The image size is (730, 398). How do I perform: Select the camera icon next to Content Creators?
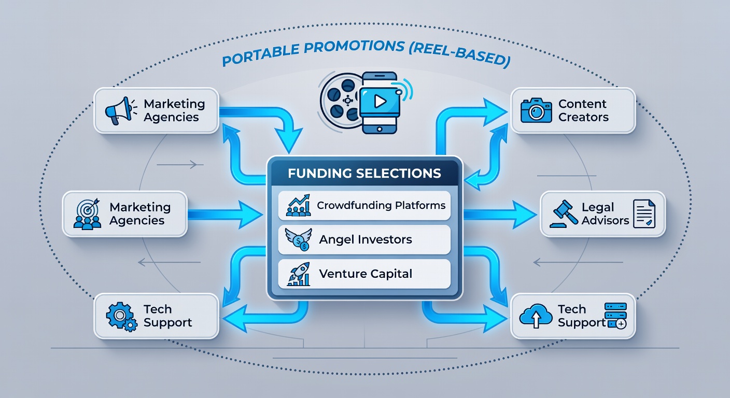[536, 110]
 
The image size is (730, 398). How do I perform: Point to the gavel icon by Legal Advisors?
[563, 214]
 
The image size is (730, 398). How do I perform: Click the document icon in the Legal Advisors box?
[644, 214]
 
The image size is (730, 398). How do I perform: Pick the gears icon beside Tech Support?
[121, 317]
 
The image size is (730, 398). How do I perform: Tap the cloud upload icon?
[536, 315]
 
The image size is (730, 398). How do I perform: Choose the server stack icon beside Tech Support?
[615, 315]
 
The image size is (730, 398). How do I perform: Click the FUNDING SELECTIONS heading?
[364, 173]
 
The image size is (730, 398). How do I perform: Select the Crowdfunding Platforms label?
[381, 206]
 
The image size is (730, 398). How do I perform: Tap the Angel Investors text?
[366, 240]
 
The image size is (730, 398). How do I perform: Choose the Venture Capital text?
[366, 274]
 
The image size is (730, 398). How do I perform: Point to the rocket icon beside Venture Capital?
[299, 274]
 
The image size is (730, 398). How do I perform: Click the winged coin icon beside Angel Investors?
[298, 239]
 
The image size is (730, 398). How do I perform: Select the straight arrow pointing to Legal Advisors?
[500, 215]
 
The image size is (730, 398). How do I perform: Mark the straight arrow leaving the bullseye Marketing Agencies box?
[225, 215]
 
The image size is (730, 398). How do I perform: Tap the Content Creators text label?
[583, 110]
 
